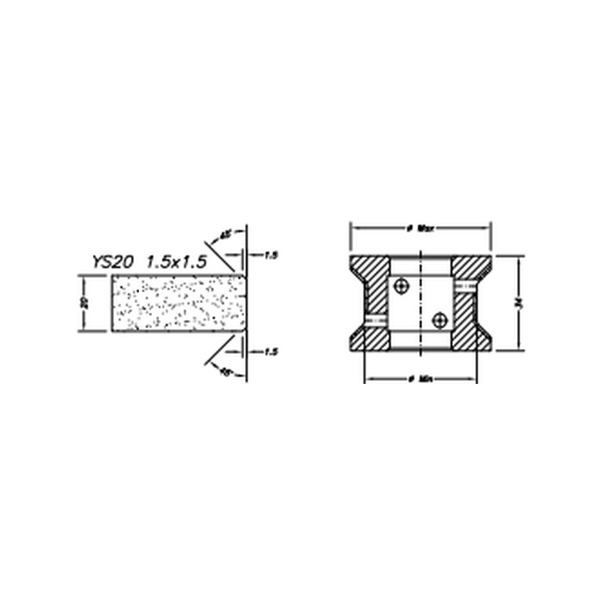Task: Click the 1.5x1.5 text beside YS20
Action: pos(176,262)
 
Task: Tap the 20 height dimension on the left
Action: pos(85,303)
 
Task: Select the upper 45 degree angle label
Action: pos(225,235)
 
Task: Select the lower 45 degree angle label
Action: pos(225,372)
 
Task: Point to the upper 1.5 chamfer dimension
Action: pos(270,255)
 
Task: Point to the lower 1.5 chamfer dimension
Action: pos(270,352)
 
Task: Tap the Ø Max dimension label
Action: pos(420,228)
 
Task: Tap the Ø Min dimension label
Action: pos(420,379)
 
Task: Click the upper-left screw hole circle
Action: pos(402,286)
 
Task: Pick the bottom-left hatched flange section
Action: pos(370,337)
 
